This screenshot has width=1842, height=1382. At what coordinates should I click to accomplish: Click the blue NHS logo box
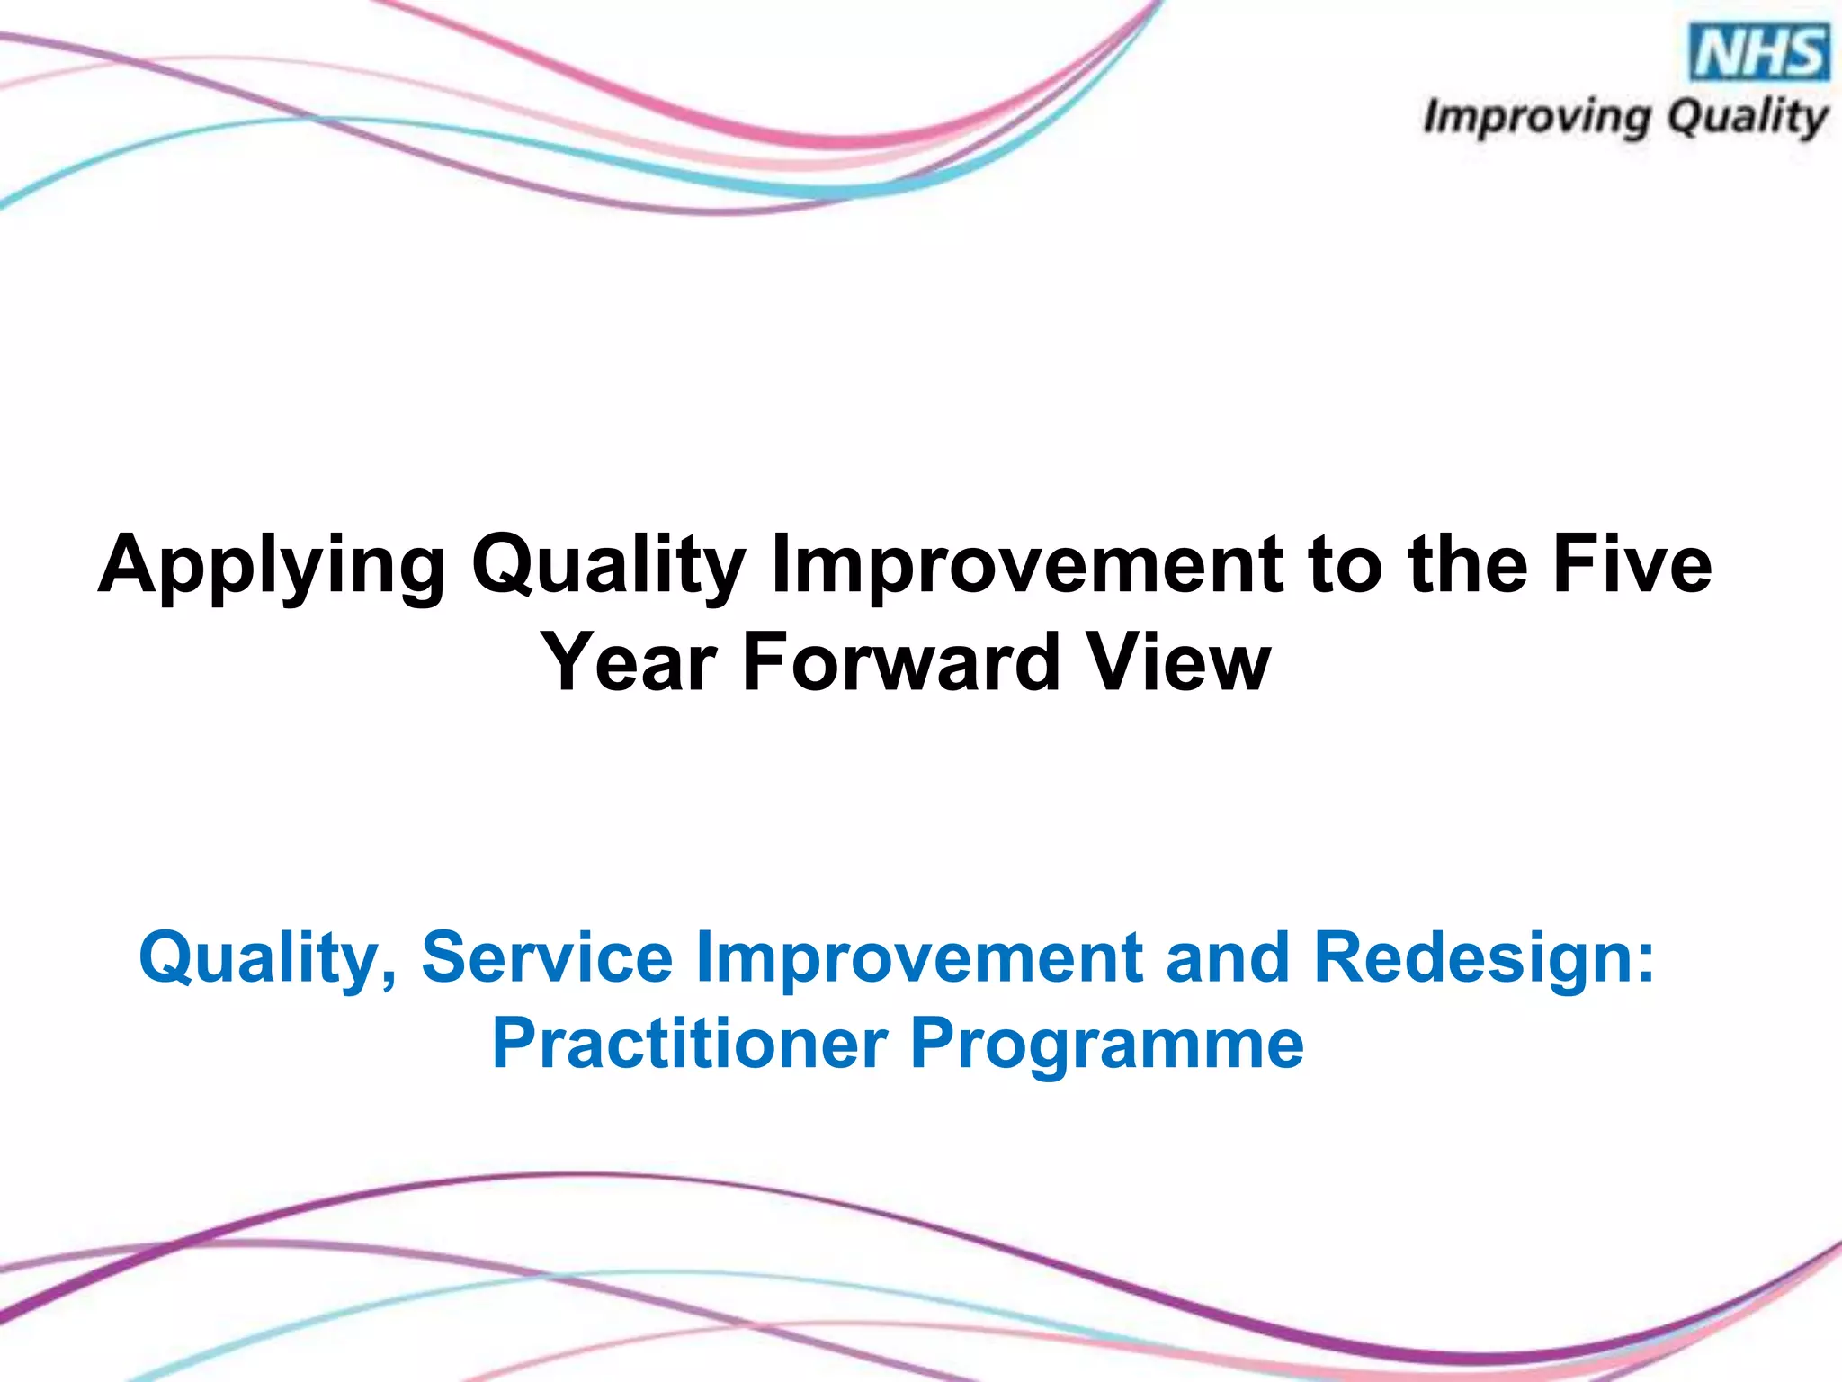click(1760, 53)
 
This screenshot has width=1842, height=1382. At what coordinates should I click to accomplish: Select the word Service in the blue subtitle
click(547, 956)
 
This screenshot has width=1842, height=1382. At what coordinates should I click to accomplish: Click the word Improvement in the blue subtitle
click(919, 956)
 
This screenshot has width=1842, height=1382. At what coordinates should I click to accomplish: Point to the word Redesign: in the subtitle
click(1484, 958)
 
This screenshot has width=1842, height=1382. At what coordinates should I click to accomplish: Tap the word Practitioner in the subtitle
click(690, 1044)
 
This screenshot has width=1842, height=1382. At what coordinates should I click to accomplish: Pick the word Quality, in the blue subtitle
click(268, 958)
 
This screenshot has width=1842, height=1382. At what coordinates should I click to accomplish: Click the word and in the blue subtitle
click(1227, 956)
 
